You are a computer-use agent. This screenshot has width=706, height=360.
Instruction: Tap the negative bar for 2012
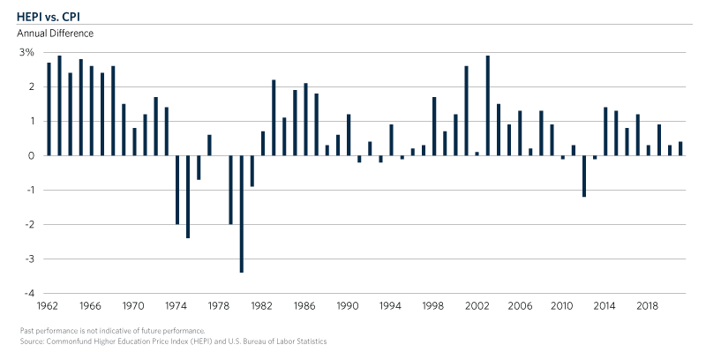[x=584, y=176]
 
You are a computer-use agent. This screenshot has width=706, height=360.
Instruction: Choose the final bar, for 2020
[x=680, y=148]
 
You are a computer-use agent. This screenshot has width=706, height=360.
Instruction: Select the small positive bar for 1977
[x=209, y=145]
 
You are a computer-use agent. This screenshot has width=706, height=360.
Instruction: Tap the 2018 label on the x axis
[x=649, y=306]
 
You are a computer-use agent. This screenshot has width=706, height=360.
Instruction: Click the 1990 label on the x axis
[x=347, y=306]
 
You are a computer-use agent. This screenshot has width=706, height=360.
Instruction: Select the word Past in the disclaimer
[x=27, y=330]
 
